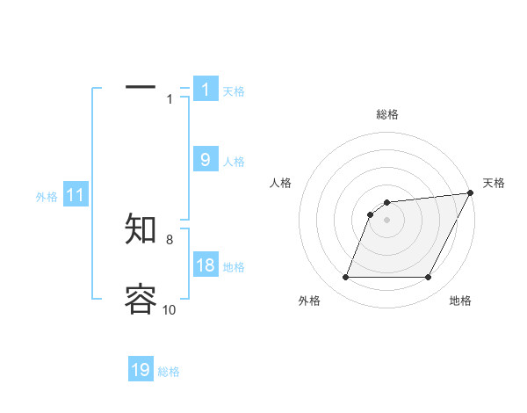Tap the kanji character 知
tap(141, 228)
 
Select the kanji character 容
tap(141, 299)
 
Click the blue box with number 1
tap(206, 90)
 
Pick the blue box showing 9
tap(206, 160)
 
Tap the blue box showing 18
tap(206, 265)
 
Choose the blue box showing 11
tap(76, 196)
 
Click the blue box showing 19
tap(141, 370)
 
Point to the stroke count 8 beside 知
tap(170, 239)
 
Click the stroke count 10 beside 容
tap(170, 309)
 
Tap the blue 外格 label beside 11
tap(47, 197)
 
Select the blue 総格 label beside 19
tap(169, 372)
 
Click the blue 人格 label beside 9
tap(234, 162)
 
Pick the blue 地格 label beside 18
tap(234, 267)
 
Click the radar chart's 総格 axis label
tap(386, 115)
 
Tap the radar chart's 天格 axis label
tap(494, 183)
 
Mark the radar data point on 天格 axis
tap(470, 193)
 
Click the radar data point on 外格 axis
tap(346, 277)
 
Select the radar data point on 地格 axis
tap(428, 277)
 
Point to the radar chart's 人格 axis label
tap(281, 183)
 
